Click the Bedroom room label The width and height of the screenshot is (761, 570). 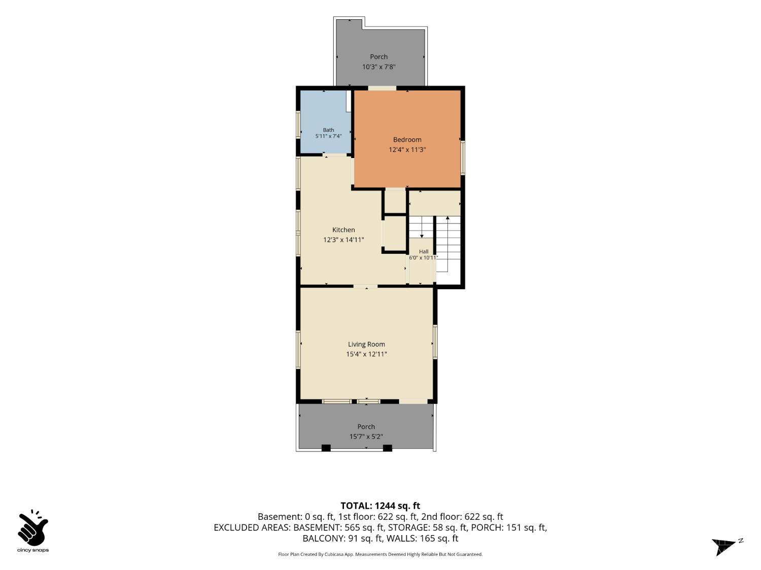pos(407,139)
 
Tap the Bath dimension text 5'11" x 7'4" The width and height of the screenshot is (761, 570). pos(328,136)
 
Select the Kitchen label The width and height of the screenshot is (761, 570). pos(343,230)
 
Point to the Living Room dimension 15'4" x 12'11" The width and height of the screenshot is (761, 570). pos(366,354)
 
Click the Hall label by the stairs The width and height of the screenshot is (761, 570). pos(423,252)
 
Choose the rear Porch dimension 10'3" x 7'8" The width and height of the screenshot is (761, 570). pos(378,67)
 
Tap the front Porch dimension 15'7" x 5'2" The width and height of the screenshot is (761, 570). pos(366,436)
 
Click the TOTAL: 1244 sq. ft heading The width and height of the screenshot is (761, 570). pos(380,506)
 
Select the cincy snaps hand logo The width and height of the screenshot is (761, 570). pos(32,528)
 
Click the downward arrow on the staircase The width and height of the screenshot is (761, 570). pos(422,227)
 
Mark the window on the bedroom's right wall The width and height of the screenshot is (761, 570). pos(462,157)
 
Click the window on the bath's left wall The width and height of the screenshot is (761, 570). pos(298,125)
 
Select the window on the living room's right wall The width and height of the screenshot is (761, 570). pos(435,341)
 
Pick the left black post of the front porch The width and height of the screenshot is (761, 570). pos(326,448)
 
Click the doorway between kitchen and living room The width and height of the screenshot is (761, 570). pos(365,286)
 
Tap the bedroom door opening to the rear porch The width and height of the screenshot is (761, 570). pos(382,88)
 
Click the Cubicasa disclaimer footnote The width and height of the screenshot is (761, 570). pos(380,554)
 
